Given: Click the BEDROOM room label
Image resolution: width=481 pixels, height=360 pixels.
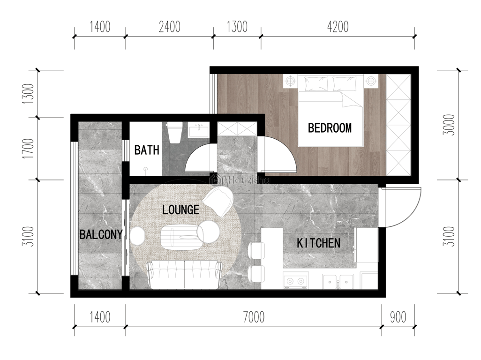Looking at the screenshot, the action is (330, 128).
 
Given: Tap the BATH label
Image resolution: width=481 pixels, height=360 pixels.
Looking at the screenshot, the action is (147, 150).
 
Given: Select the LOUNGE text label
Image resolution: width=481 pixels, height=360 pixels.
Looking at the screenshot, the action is (180, 210).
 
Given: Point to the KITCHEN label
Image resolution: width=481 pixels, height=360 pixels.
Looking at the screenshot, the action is (318, 243).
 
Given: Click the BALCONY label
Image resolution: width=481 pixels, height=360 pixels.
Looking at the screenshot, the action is (101, 234).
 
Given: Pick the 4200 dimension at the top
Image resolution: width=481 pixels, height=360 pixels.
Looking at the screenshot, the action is (338, 27).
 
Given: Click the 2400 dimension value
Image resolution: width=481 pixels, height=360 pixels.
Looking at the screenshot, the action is (170, 27).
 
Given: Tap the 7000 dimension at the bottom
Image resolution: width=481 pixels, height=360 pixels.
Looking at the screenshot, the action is (254, 317).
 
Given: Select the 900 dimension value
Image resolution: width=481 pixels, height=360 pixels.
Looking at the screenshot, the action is (398, 317).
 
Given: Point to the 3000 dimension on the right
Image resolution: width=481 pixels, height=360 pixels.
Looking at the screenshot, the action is (450, 125).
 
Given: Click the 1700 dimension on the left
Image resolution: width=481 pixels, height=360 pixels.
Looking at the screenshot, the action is (28, 149).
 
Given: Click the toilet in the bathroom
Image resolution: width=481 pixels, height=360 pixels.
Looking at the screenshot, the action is (175, 133).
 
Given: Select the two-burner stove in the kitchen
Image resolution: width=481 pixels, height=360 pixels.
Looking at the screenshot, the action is (295, 280).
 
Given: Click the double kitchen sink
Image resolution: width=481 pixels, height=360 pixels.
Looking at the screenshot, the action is (338, 281).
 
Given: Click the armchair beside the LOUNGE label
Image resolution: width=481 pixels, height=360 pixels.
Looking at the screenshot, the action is (218, 201).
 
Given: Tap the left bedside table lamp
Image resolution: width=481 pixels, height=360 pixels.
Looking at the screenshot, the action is (290, 81).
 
